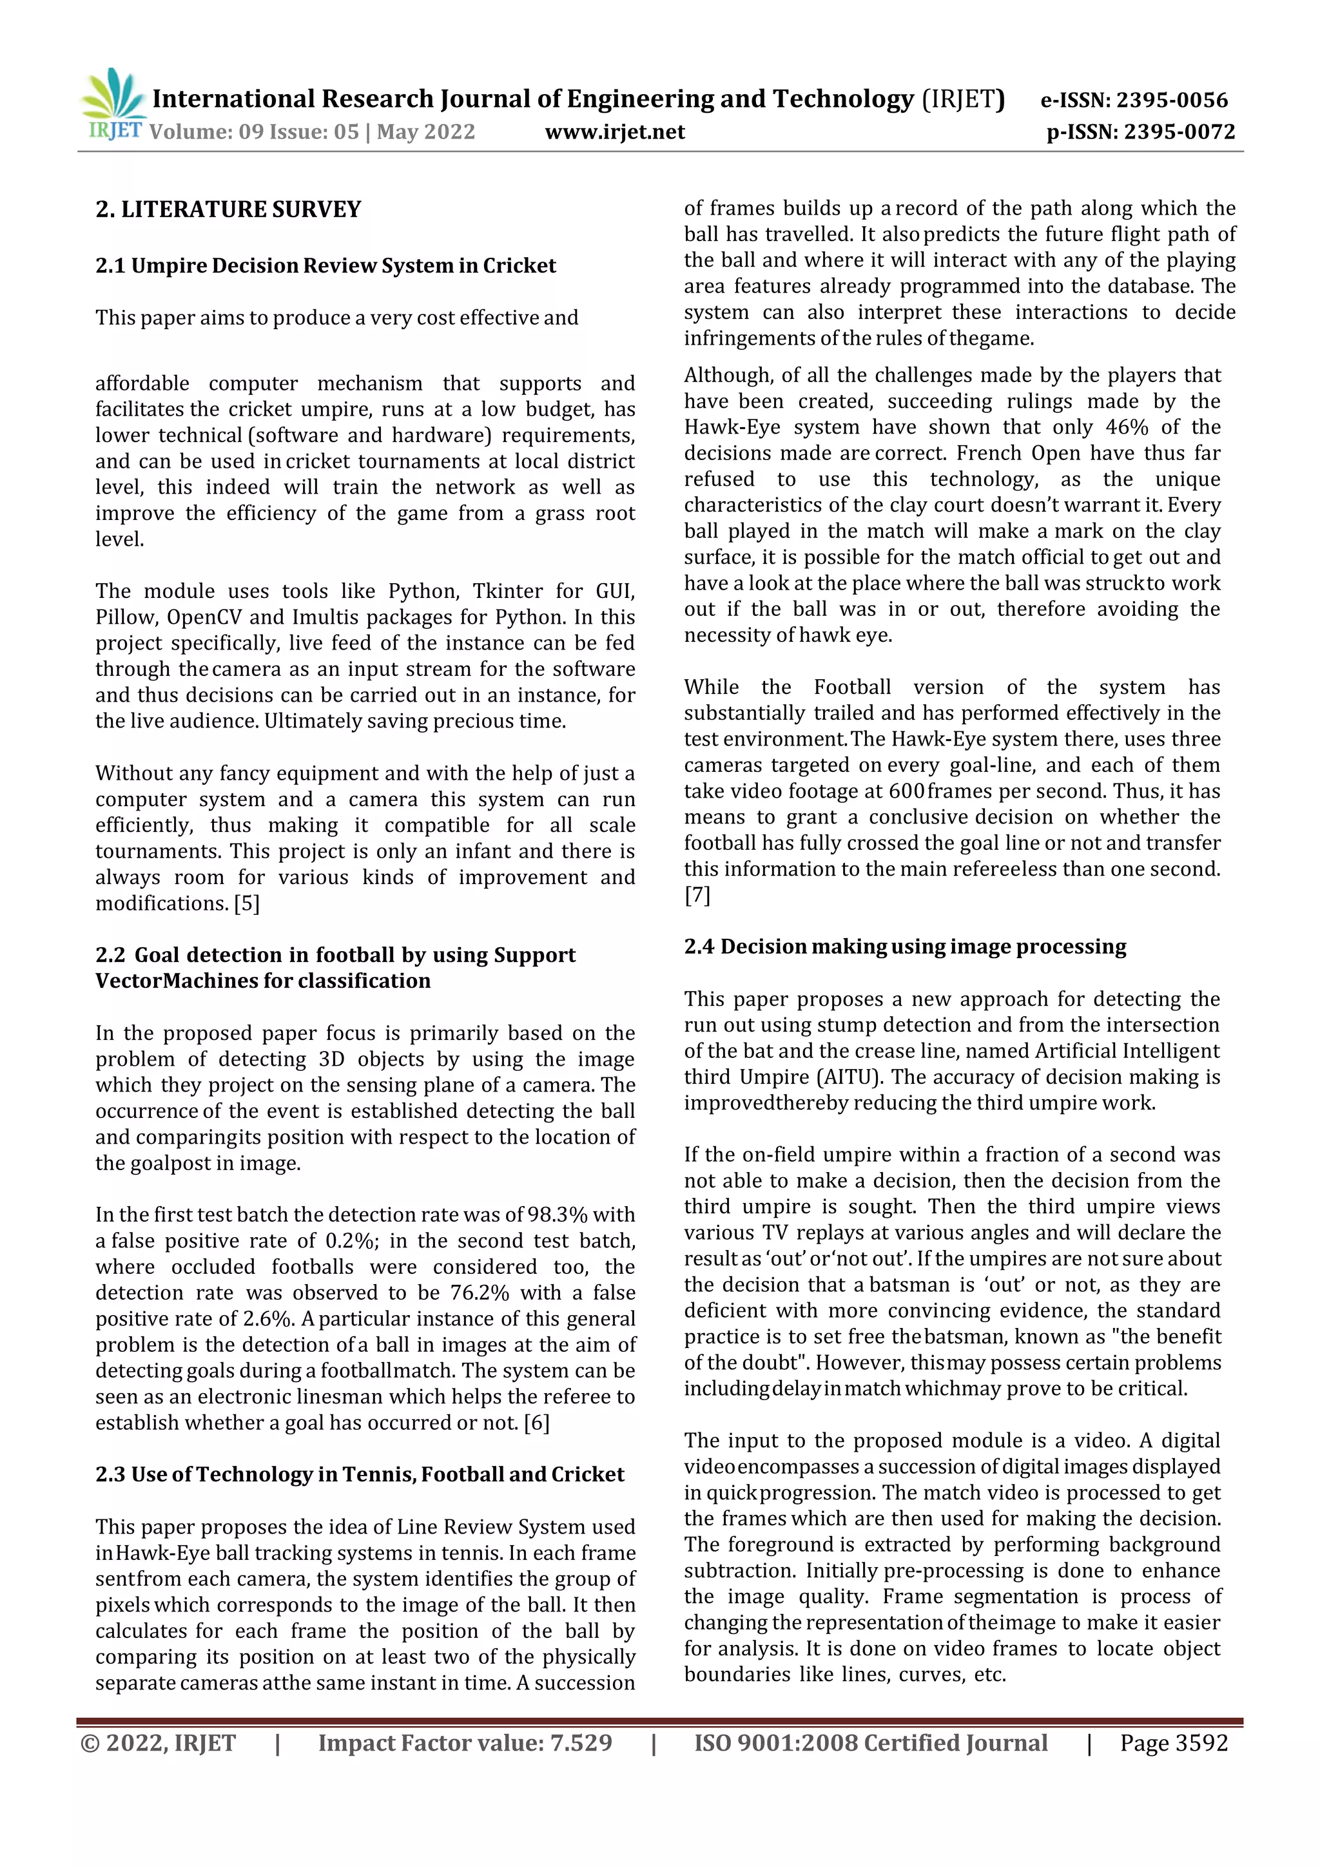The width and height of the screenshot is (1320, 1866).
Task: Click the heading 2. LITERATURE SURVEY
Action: click(x=228, y=209)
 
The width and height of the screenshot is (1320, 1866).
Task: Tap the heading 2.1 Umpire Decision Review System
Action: click(x=325, y=265)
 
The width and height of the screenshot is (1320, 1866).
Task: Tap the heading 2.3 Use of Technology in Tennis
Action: click(x=359, y=1474)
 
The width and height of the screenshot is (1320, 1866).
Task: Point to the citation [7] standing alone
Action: click(x=697, y=895)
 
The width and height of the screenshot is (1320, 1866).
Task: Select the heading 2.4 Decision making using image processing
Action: click(x=905, y=947)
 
